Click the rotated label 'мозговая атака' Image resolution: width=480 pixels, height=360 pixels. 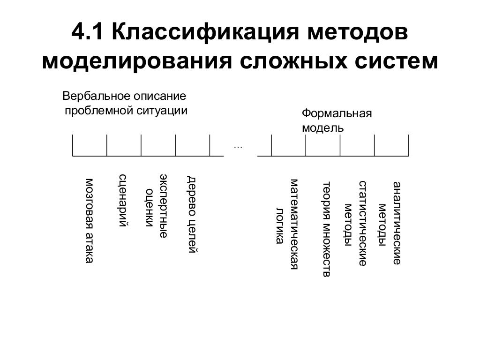pos(89,220)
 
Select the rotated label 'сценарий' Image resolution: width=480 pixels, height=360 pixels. pos(123,201)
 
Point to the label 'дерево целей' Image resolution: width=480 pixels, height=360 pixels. pos(192,215)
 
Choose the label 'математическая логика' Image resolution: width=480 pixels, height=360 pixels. pos(287,224)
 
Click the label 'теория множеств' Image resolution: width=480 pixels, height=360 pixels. pos(327,229)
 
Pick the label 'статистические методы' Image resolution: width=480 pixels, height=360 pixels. pos(355,223)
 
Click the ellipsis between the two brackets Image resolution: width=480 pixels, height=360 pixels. pos(238,147)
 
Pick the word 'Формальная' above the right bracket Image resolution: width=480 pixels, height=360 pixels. pos(337,113)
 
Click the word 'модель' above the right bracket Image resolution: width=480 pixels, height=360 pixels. pos(322,127)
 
